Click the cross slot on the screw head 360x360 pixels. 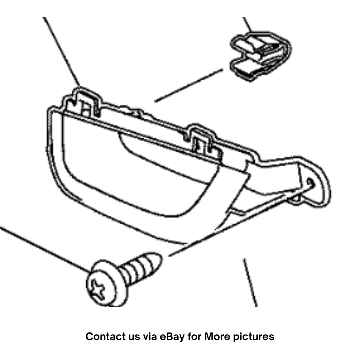98,290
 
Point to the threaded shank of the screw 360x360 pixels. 140,267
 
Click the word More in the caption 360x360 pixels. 217,337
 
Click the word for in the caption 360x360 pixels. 194,337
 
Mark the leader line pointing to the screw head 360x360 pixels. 45,249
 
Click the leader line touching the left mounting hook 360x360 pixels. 61,52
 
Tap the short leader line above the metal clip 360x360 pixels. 247,24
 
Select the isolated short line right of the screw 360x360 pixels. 250,283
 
